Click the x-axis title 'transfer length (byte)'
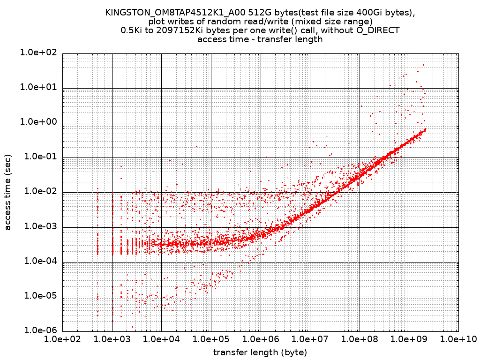[x=260, y=352]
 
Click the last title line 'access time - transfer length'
[x=260, y=39]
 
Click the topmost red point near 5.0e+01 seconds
[x=423, y=65]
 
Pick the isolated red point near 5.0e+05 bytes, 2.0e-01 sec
[x=196, y=146]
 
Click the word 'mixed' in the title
[x=311, y=22]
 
